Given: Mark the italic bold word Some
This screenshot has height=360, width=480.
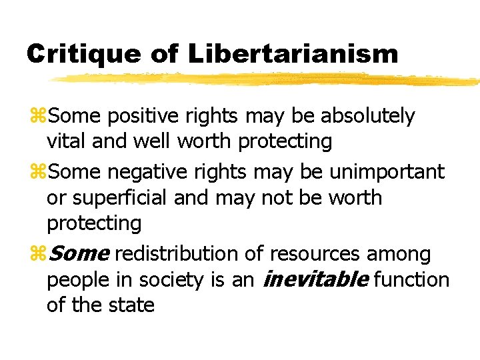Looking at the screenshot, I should (x=79, y=254).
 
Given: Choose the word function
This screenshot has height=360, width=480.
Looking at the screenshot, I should (x=411, y=280).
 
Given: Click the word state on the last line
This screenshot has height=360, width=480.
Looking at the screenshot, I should (x=133, y=305).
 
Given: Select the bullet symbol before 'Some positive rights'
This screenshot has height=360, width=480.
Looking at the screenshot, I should (x=37, y=117).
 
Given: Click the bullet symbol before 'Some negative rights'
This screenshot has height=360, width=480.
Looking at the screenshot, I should (x=37, y=173).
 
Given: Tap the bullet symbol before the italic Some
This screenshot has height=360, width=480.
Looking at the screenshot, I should (x=37, y=255).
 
